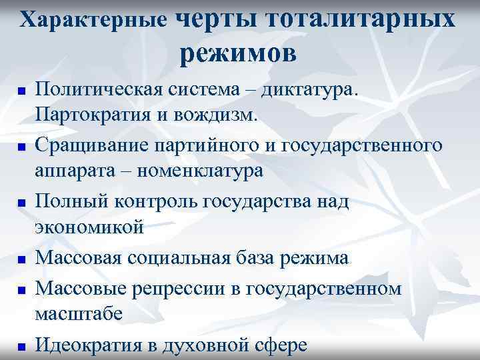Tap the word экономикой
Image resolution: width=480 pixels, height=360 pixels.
point(89,227)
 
